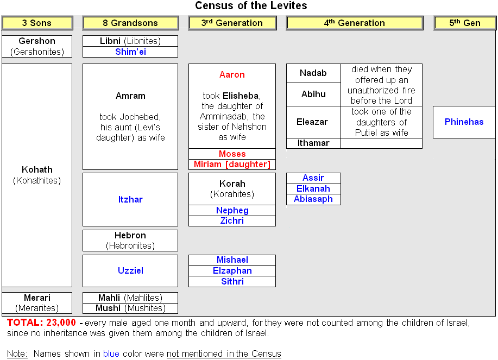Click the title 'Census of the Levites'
click(251, 6)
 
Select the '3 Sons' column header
click(37, 23)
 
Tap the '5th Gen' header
click(465, 23)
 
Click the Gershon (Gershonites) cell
click(37, 46)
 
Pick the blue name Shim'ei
click(130, 52)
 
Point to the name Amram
click(130, 96)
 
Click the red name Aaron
click(232, 74)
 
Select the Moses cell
click(232, 154)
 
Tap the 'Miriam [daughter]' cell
click(232, 165)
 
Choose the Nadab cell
click(313, 73)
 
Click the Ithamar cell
click(313, 143)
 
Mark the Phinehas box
click(464, 122)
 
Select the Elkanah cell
click(313, 189)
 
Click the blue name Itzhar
click(130, 199)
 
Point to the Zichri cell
click(232, 221)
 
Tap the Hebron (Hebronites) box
click(130, 241)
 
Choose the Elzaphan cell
click(232, 271)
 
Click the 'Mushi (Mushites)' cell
click(130, 308)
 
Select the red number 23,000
click(61, 323)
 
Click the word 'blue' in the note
click(111, 353)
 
